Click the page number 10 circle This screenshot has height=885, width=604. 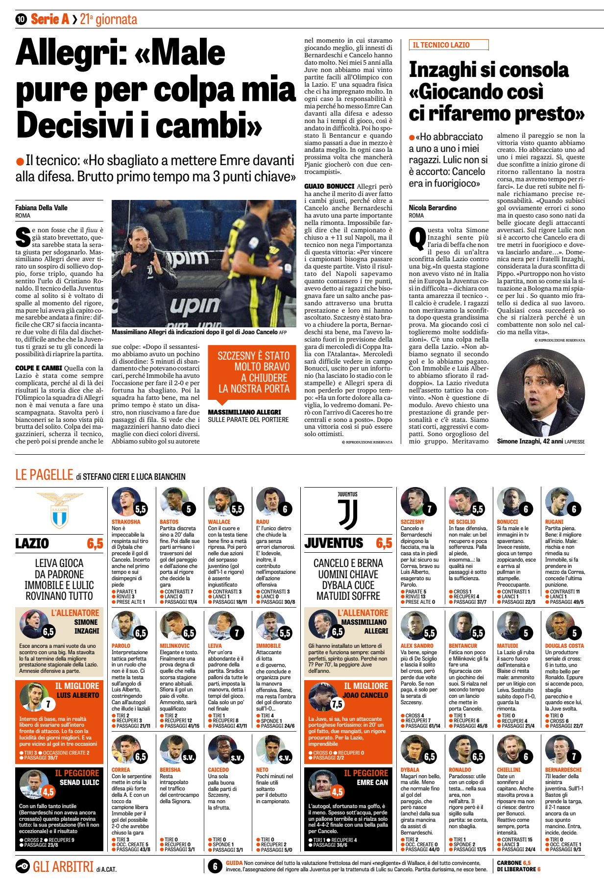pyautogui.click(x=21, y=19)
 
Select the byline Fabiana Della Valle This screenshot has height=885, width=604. pyautogui.click(x=41, y=208)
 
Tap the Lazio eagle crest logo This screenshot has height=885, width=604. pyautogui.click(x=59, y=511)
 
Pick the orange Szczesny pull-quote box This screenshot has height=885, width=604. pyautogui.click(x=254, y=372)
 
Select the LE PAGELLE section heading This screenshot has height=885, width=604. pyautogui.click(x=44, y=475)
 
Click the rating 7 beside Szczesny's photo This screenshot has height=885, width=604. pyautogui.click(x=430, y=509)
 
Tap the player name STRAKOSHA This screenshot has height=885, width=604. pyautogui.click(x=126, y=522)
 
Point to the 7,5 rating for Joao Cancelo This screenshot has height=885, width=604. pyautogui.click(x=337, y=704)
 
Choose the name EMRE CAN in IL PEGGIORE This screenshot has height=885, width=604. pyautogui.click(x=372, y=782)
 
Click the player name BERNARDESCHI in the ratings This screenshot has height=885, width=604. pyautogui.click(x=563, y=770)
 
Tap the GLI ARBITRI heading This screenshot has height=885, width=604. pyautogui.click(x=63, y=867)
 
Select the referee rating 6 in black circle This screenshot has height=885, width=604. pyautogui.click(x=215, y=866)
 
